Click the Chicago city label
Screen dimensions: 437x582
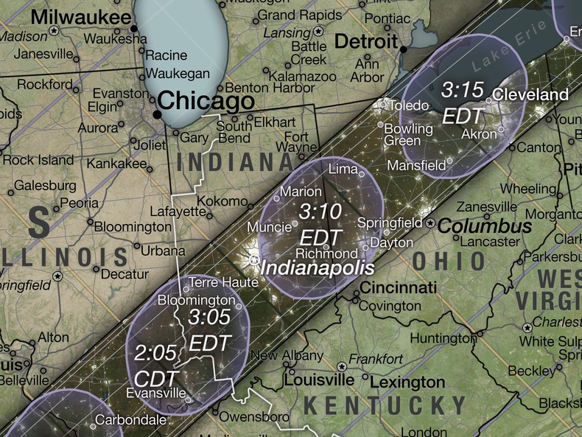[x=206, y=101]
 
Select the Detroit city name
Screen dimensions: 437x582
[x=366, y=41]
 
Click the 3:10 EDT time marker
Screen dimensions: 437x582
[x=320, y=223]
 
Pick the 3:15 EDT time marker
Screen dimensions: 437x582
[x=463, y=102]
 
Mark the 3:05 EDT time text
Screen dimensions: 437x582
[x=210, y=330]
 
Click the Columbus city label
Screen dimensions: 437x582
[x=484, y=226]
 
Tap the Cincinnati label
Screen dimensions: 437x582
[x=399, y=287]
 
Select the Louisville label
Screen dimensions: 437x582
[x=319, y=381]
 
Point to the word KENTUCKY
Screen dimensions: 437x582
[x=385, y=405]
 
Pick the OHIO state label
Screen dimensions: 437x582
[x=449, y=261]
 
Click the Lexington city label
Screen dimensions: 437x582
[x=407, y=382]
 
